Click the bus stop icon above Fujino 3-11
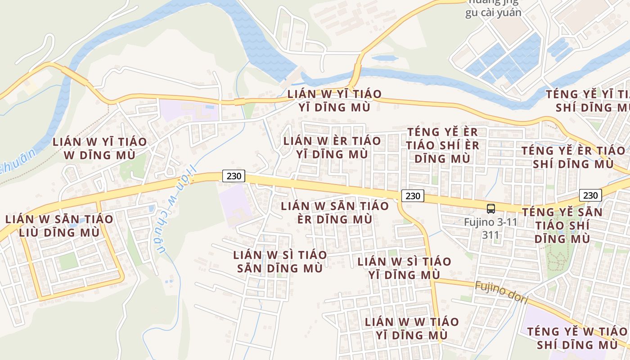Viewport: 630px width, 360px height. coord(490,209)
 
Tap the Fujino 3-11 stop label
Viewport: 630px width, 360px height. coord(490,222)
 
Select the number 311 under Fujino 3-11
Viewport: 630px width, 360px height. coord(490,234)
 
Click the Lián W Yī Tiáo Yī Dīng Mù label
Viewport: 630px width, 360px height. coord(334,101)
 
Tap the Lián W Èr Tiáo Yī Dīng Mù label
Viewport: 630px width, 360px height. coord(332,147)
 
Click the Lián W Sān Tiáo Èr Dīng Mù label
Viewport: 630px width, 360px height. coord(335,212)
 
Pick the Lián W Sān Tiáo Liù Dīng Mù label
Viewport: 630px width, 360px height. coord(59,226)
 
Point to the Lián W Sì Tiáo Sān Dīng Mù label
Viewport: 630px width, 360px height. coord(280,261)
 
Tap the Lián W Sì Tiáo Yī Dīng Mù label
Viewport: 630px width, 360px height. coord(404,268)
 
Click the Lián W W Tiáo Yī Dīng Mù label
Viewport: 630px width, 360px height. coord(412,328)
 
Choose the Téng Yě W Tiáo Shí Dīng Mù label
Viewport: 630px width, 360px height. coord(577,338)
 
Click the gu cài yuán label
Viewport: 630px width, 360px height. coord(493,13)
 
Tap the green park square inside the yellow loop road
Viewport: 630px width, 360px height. coord(68,261)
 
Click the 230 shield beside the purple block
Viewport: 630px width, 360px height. coord(234,176)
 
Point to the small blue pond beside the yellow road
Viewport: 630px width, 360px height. coord(384,58)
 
